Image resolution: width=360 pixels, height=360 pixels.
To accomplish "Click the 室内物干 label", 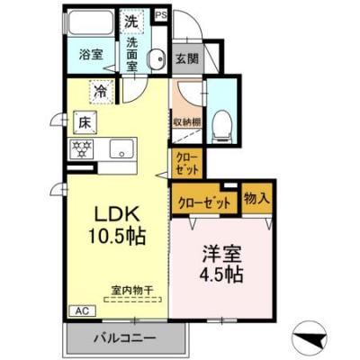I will pyautogui.click(x=132, y=290).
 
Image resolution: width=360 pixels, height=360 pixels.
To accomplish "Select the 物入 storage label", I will pyautogui.click(x=255, y=199).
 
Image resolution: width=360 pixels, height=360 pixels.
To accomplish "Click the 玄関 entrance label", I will pyautogui.click(x=186, y=59).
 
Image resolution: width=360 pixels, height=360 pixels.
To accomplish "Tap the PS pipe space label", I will pyautogui.click(x=161, y=15).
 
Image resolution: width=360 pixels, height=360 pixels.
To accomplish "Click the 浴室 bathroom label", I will pyautogui.click(x=89, y=54).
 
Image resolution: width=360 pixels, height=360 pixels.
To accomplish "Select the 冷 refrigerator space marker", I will pyautogui.click(x=102, y=91).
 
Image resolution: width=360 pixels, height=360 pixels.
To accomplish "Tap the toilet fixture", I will pyautogui.click(x=220, y=125).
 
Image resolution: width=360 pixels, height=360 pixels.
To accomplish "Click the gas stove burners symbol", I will pyautogui.click(x=82, y=148).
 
